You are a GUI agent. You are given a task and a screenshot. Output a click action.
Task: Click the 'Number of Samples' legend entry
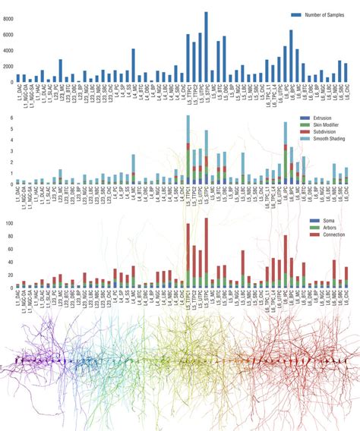(322, 15)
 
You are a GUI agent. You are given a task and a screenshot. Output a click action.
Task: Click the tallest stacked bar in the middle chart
(188, 150)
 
